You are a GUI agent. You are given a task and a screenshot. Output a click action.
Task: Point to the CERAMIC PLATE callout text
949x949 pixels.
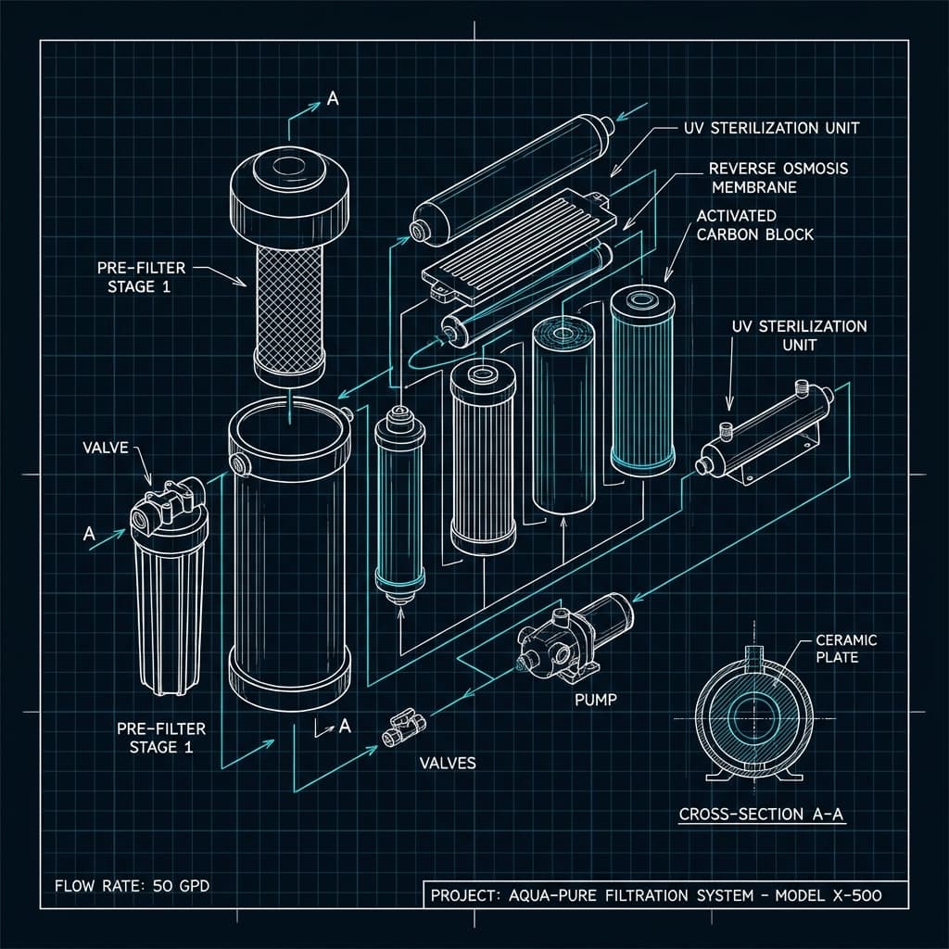click(845, 649)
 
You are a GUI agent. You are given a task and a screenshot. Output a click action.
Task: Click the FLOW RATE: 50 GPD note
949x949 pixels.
click(127, 886)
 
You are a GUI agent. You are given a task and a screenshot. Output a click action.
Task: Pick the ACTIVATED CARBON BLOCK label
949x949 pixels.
click(754, 224)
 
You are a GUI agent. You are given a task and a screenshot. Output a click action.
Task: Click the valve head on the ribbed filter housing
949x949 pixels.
click(165, 504)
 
